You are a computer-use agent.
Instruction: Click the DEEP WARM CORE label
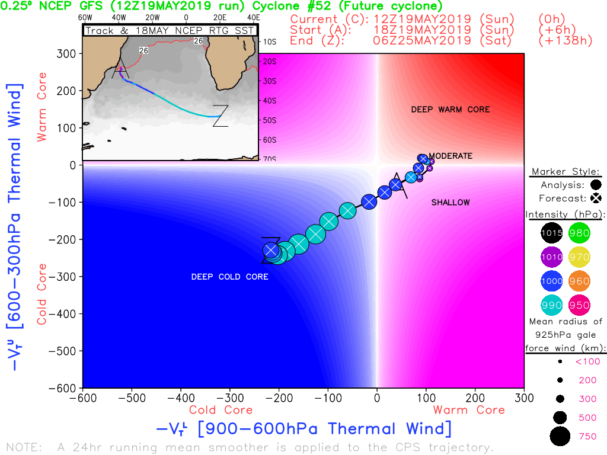pos(451,110)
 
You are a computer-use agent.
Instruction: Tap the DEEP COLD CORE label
pos(229,277)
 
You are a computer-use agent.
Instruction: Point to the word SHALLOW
pos(451,203)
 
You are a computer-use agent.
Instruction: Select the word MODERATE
pos(451,156)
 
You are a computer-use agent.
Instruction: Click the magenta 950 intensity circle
pos(579,306)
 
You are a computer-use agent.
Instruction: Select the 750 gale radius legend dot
pos(560,437)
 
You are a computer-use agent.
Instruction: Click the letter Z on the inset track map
pos(220,116)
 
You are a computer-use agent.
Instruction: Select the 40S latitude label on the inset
pos(270,101)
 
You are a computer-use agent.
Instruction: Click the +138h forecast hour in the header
pos(566,41)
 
